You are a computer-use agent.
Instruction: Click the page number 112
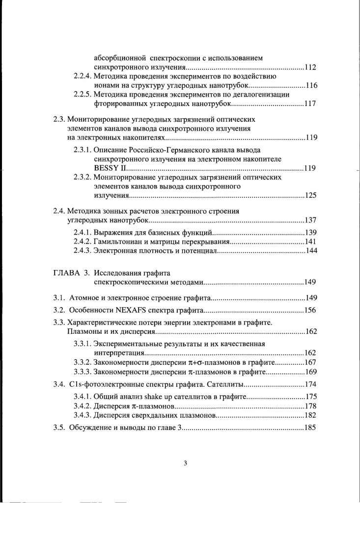pyautogui.click(x=310, y=67)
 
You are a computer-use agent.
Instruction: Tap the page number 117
pyautogui.click(x=310, y=104)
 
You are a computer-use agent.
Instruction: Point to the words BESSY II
pyautogui.click(x=107, y=168)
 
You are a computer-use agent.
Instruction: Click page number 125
pyautogui.click(x=310, y=196)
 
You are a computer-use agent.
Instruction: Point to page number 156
pyautogui.click(x=310, y=310)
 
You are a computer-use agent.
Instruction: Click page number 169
pyautogui.click(x=310, y=372)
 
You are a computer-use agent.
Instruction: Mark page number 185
pyautogui.click(x=310, y=428)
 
